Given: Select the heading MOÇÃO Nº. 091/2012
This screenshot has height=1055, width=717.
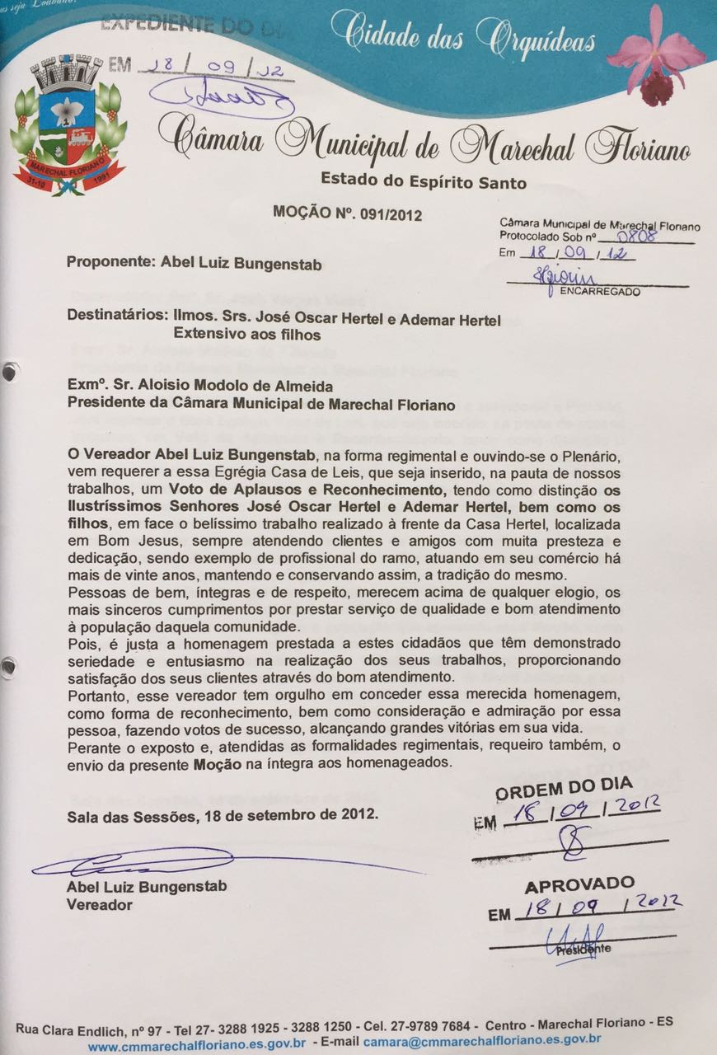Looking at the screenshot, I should (x=347, y=214).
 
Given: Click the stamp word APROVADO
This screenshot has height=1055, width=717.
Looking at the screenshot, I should (x=580, y=885).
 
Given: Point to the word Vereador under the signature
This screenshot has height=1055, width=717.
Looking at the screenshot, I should (x=99, y=904).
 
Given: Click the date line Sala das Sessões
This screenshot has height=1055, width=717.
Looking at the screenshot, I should (x=223, y=815).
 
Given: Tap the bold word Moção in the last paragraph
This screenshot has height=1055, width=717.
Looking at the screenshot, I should (x=217, y=764).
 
